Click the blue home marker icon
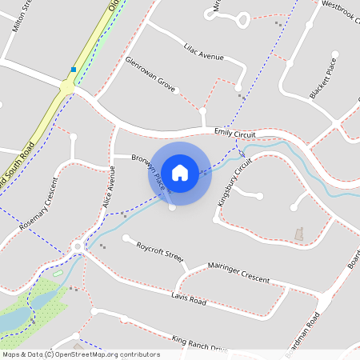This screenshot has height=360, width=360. tap(179, 173)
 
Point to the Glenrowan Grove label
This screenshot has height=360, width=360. tap(150, 72)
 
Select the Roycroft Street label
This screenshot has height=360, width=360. tap(160, 250)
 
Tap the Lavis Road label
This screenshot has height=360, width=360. tap(189, 298)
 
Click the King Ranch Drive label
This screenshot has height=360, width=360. tap(200, 345)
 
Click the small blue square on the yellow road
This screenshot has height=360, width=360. tap(74, 70)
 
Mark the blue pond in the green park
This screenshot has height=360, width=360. tap(14, 320)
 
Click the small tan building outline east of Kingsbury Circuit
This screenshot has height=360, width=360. tap(300, 233)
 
